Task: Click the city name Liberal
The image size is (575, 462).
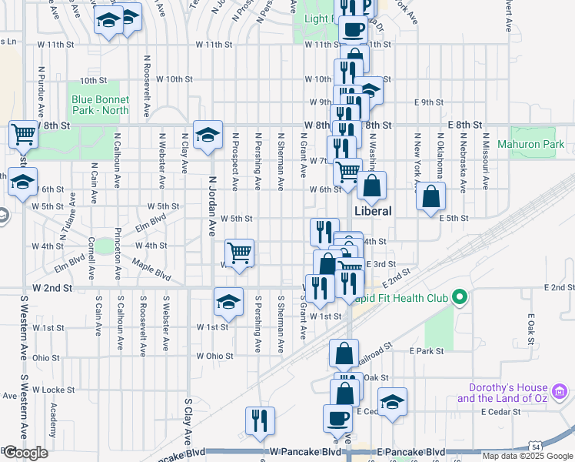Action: tap(373, 211)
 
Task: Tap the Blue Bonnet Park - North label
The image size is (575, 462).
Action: tap(100, 105)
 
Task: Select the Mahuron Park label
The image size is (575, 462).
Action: tap(541, 144)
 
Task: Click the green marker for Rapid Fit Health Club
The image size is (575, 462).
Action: tap(460, 296)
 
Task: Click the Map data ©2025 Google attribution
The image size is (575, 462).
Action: tap(528, 456)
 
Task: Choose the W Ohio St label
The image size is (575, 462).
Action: tap(214, 356)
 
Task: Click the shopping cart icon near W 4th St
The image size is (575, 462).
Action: tap(240, 253)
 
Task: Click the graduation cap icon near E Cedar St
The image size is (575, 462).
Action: tap(392, 402)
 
